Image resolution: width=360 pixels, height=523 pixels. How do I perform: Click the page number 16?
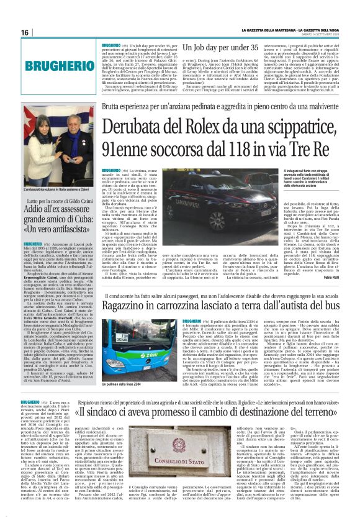tap(25, 33)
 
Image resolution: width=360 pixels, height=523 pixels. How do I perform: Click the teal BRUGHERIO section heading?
tap(52, 65)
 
